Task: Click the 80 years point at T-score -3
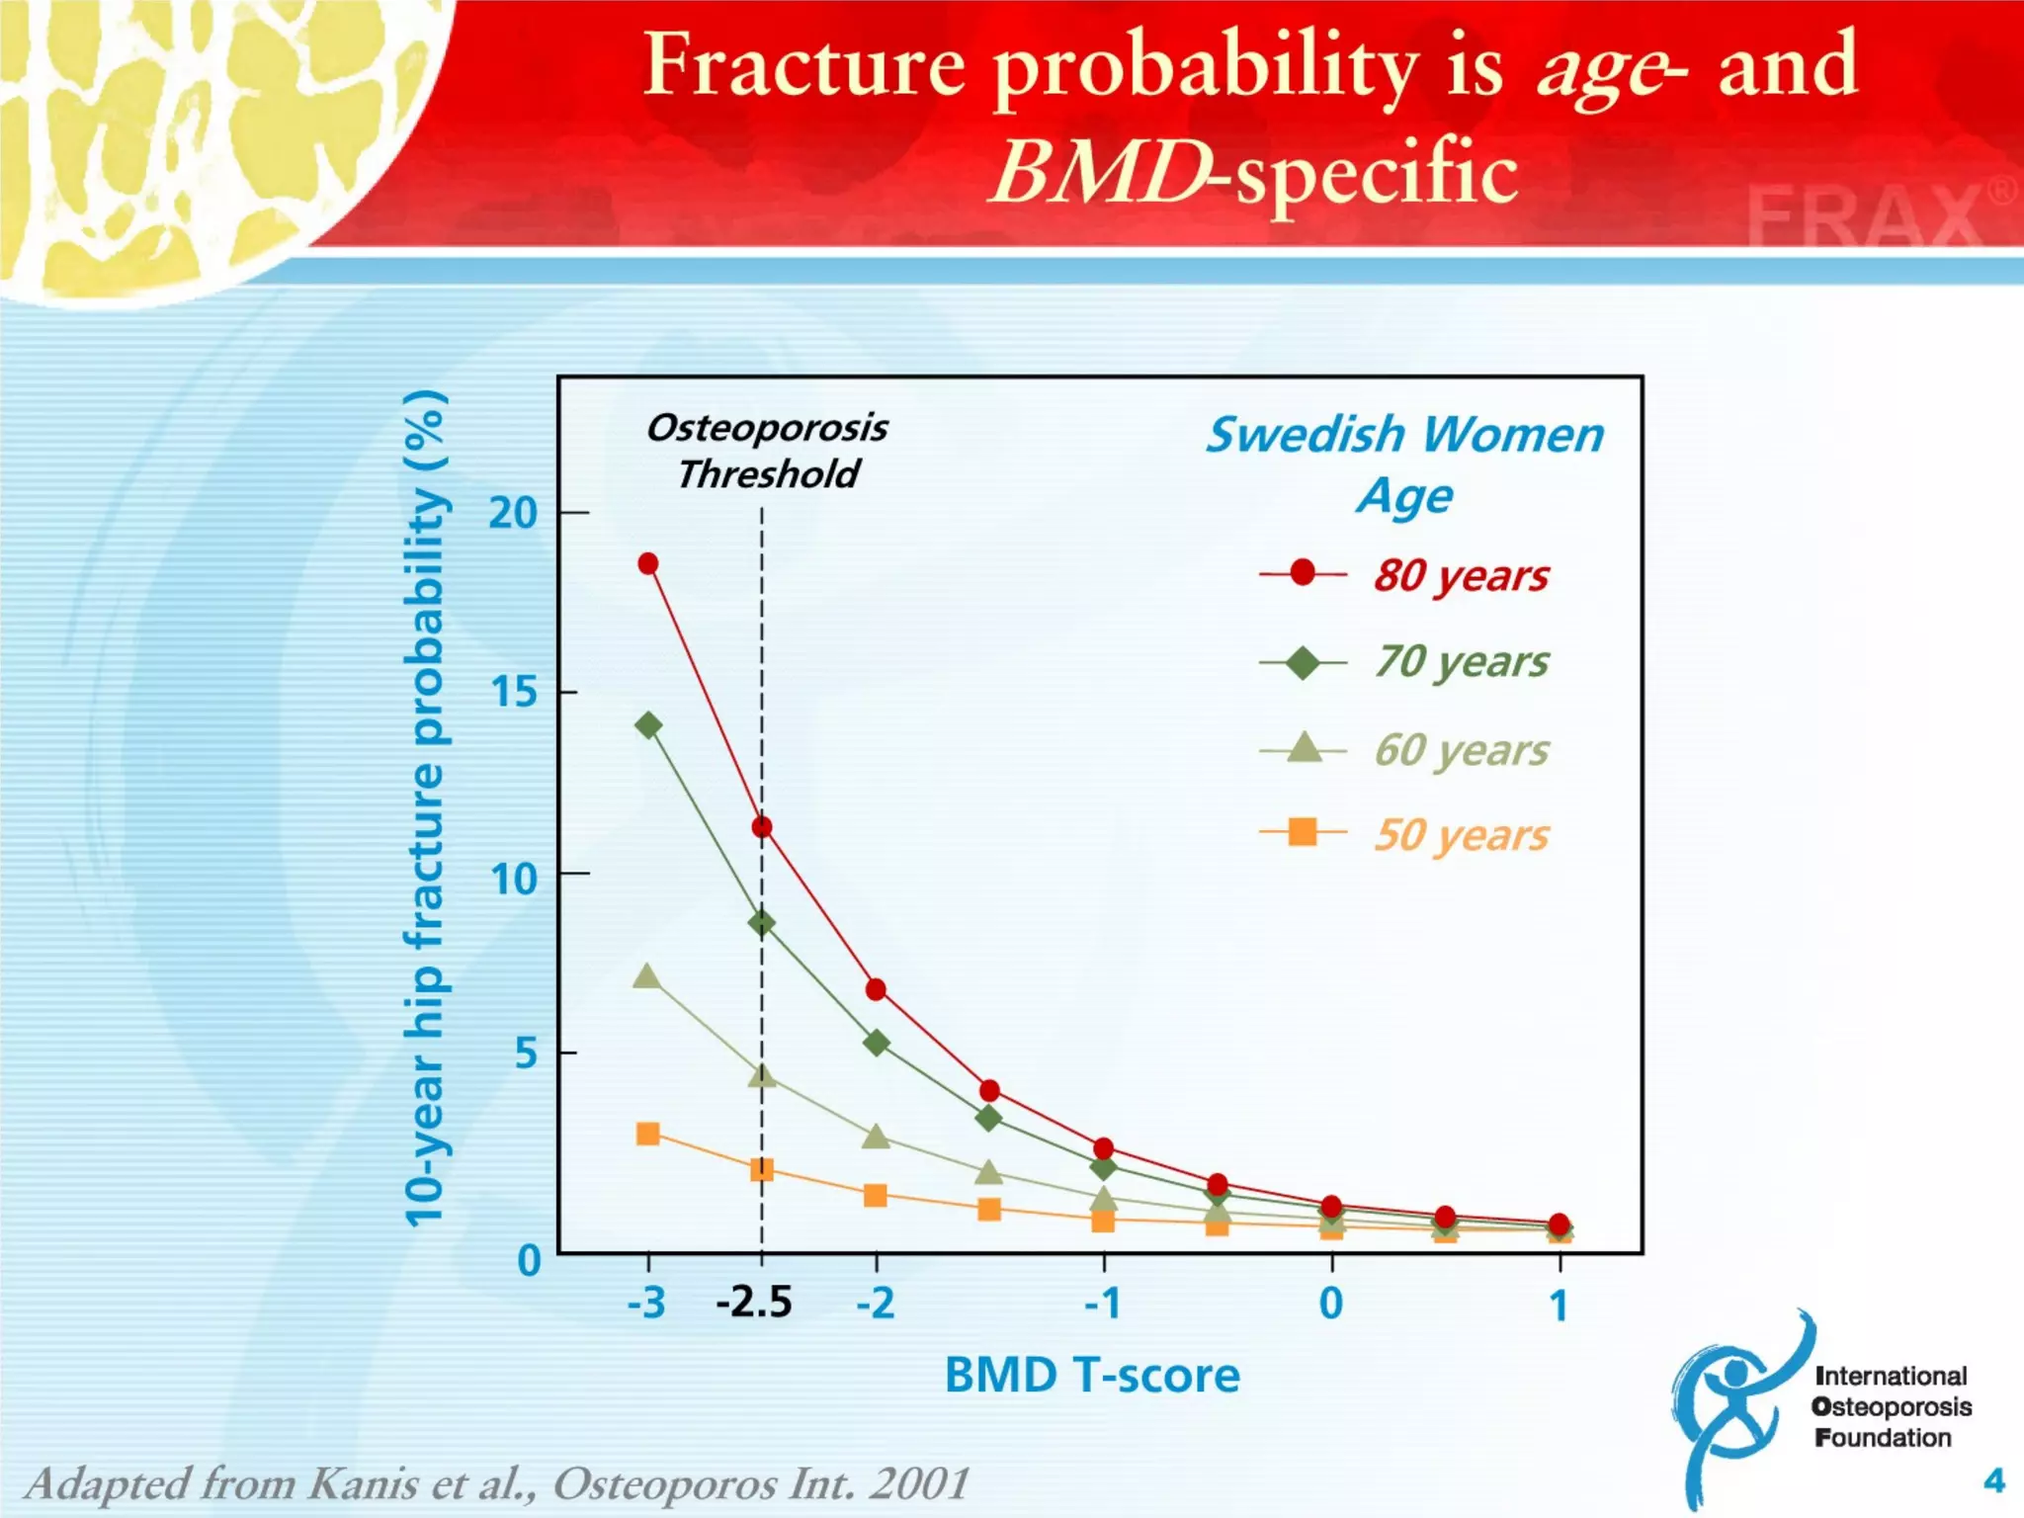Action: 648,563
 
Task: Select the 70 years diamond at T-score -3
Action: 648,725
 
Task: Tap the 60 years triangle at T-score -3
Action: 646,976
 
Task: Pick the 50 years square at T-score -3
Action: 648,1134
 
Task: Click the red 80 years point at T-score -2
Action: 876,989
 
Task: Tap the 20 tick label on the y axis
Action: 513,513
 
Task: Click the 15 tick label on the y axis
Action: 513,692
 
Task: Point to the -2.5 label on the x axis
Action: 754,1303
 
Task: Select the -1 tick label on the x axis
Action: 1102,1304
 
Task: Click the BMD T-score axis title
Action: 1092,1375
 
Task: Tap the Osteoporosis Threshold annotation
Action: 767,451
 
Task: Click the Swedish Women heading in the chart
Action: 1404,435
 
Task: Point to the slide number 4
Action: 1993,1480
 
